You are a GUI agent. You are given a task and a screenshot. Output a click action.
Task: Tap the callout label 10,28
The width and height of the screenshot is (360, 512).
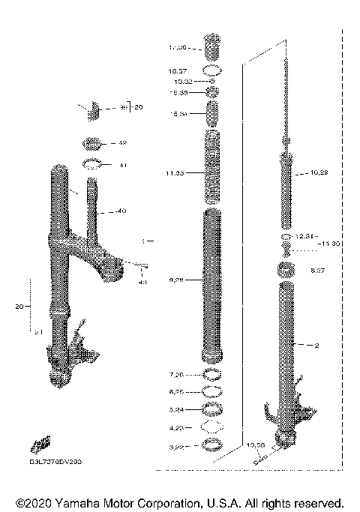coord(319,172)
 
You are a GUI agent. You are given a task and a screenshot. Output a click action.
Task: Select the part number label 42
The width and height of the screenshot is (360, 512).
coord(123,142)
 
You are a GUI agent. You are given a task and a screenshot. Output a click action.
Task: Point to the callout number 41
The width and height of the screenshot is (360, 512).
coord(123,165)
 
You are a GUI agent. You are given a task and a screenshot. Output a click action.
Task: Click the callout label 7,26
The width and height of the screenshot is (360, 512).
coord(177,373)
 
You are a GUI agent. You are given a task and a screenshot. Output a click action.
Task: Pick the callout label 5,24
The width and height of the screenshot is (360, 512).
coord(177,409)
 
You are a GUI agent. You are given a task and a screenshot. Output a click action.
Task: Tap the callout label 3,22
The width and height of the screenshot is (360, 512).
coord(177,446)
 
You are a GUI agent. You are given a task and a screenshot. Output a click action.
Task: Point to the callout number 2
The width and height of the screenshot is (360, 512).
coord(316,345)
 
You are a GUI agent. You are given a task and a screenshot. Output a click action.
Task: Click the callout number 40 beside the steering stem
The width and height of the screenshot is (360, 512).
coord(121,211)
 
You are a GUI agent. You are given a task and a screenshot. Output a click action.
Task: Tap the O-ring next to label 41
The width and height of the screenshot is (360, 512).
coord(91,164)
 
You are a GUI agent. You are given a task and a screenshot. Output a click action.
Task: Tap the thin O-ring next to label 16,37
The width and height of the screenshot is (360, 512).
coord(213,70)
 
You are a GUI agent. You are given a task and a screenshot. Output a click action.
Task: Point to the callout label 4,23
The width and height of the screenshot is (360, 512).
coord(177,428)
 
